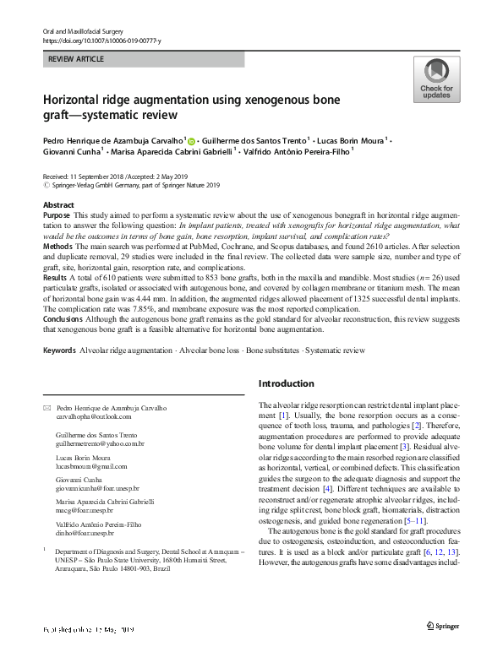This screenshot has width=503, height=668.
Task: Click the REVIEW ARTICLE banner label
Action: click(x=77, y=59)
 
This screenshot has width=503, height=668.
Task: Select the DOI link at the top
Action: click(x=101, y=41)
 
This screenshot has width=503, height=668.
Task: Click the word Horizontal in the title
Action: click(x=82, y=100)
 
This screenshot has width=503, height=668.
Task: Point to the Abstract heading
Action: click(x=58, y=205)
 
